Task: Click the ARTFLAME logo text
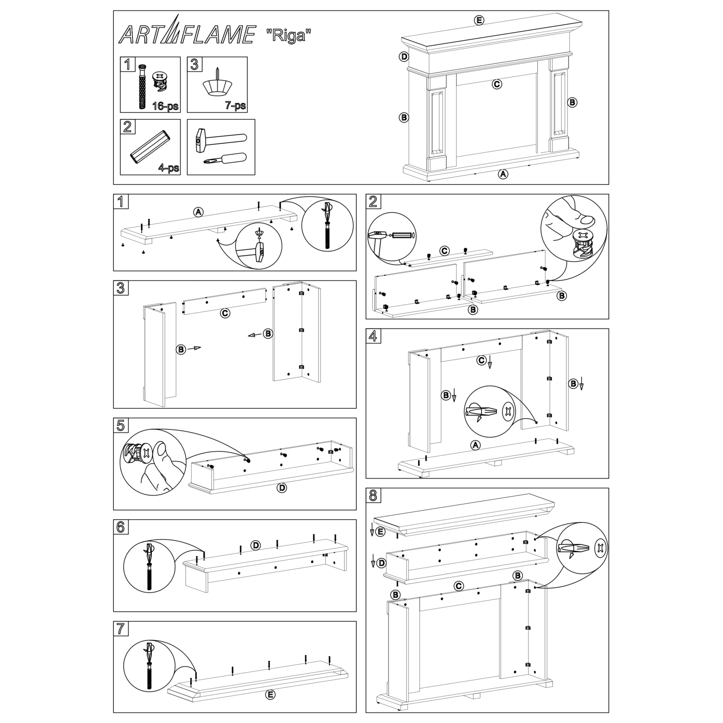186,35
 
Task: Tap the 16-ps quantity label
165,107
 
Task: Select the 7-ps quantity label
235,106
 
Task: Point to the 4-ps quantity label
169,168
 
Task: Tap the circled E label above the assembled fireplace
479,20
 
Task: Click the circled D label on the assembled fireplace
404,56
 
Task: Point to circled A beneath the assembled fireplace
503,174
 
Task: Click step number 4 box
373,336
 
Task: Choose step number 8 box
373,495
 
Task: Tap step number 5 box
120,425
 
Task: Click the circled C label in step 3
225,313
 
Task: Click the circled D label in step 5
282,488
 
